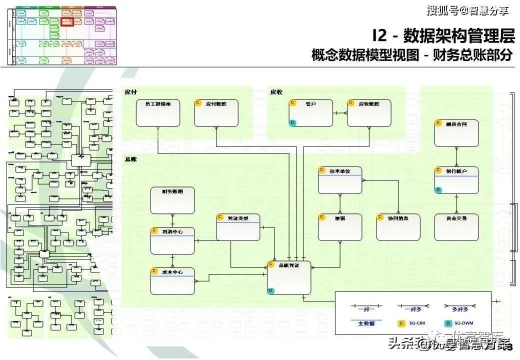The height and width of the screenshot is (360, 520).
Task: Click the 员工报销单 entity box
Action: pyautogui.click(x=157, y=113)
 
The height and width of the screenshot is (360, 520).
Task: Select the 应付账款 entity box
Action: pyautogui.click(x=216, y=113)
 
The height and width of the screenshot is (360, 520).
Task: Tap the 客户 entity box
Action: pyautogui.click(x=310, y=113)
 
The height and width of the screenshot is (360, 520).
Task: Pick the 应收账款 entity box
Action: pyautogui.click(x=369, y=113)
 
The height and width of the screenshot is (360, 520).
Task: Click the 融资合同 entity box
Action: pyautogui.click(x=456, y=133)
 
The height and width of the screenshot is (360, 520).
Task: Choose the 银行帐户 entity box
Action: pyautogui.click(x=456, y=180)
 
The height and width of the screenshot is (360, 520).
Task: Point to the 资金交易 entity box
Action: pyautogui.click(x=456, y=227)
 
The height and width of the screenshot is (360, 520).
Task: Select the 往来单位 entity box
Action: pyautogui.click(x=340, y=180)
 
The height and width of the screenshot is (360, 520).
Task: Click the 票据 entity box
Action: pyautogui.click(x=340, y=227)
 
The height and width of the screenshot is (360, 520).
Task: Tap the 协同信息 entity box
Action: pyautogui.click(x=398, y=227)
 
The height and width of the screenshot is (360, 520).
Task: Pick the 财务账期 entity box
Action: pyautogui.click(x=172, y=200)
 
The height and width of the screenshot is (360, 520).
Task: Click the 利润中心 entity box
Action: pyautogui.click(x=172, y=240)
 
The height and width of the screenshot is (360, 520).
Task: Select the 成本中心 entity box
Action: pyautogui.click(x=172, y=280)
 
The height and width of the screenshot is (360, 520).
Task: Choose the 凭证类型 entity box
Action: pyautogui.click(x=238, y=227)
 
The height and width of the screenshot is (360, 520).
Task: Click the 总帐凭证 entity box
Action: pyautogui.click(x=288, y=277)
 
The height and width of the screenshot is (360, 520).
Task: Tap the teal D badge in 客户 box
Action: pyautogui.click(x=293, y=122)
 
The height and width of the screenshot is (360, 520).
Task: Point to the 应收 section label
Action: pyautogui.click(x=276, y=92)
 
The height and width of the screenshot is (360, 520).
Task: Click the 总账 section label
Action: pyautogui.click(x=130, y=159)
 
